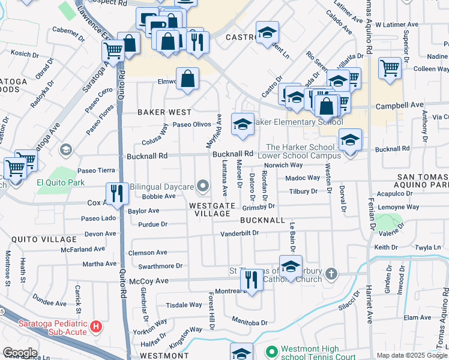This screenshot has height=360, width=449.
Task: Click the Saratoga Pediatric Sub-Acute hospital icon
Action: (x=97, y=328)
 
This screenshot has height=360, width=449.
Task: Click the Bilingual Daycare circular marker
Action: (x=203, y=187)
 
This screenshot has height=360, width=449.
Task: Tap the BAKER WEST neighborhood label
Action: (x=164, y=112)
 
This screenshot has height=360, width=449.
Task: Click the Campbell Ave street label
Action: (x=399, y=106)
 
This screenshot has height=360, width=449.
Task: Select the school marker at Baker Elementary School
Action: (x=243, y=124)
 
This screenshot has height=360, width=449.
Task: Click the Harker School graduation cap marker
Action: (x=350, y=140)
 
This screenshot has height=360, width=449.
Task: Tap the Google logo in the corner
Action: (x=19, y=353)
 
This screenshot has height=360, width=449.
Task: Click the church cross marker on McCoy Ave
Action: (x=331, y=275)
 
